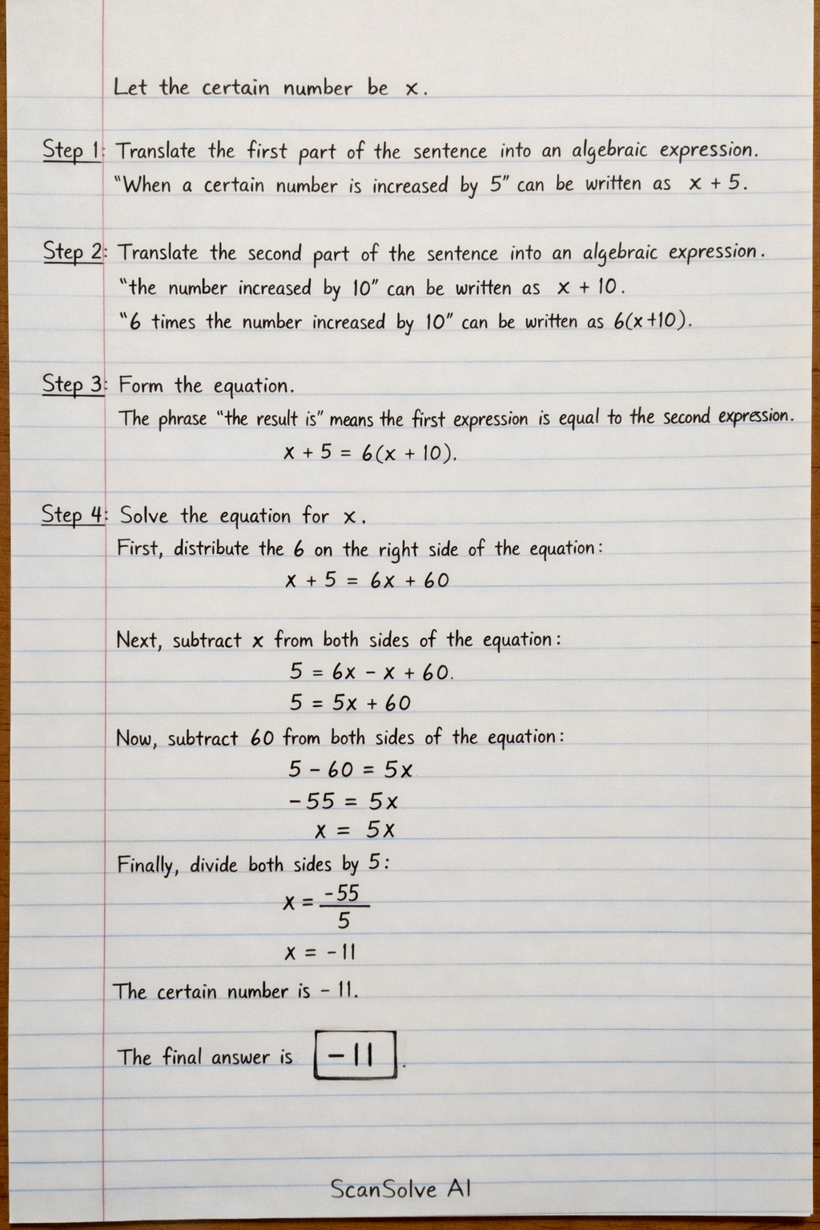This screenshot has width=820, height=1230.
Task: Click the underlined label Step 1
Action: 72,151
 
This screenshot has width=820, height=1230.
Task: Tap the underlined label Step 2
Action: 73,251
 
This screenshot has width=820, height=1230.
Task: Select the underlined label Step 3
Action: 73,384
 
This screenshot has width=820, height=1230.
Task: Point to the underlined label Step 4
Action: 73,514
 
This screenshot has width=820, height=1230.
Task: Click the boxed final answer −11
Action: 356,1056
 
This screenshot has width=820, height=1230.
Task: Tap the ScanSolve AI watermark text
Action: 400,1189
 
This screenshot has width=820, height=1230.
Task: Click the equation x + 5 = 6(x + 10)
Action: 370,453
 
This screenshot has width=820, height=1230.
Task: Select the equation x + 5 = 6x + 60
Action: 367,581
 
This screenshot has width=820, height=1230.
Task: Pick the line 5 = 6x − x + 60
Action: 371,672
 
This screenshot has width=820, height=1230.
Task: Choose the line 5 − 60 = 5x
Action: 351,770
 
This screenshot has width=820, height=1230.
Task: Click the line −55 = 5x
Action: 344,801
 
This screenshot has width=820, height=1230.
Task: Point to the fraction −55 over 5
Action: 344,906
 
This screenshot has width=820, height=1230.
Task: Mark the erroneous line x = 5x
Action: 355,830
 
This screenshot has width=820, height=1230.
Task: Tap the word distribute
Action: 211,549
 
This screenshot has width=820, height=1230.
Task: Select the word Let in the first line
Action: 130,86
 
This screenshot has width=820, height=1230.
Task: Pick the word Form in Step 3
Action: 140,385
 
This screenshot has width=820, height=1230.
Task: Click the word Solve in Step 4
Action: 144,515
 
